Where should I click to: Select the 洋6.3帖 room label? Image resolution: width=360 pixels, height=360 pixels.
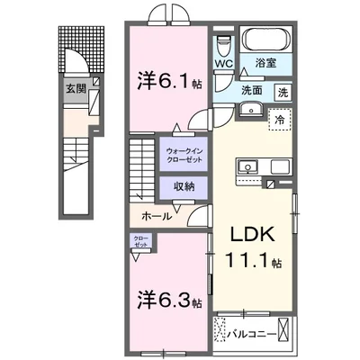166,299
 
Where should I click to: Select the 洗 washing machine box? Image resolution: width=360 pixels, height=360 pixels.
283,92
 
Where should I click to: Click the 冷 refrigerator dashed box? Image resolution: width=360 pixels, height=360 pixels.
280,121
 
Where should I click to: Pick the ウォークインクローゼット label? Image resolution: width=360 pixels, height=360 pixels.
183,154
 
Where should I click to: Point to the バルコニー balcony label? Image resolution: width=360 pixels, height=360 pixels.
252,334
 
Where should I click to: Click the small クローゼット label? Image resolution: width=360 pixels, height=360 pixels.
141,241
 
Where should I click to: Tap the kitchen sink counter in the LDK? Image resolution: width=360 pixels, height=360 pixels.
260,167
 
